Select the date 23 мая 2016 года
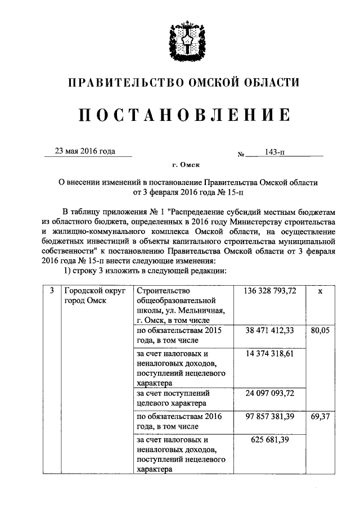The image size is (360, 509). tap(84, 151)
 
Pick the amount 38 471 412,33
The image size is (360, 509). tap(270, 331)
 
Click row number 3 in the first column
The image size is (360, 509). tap(51, 291)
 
